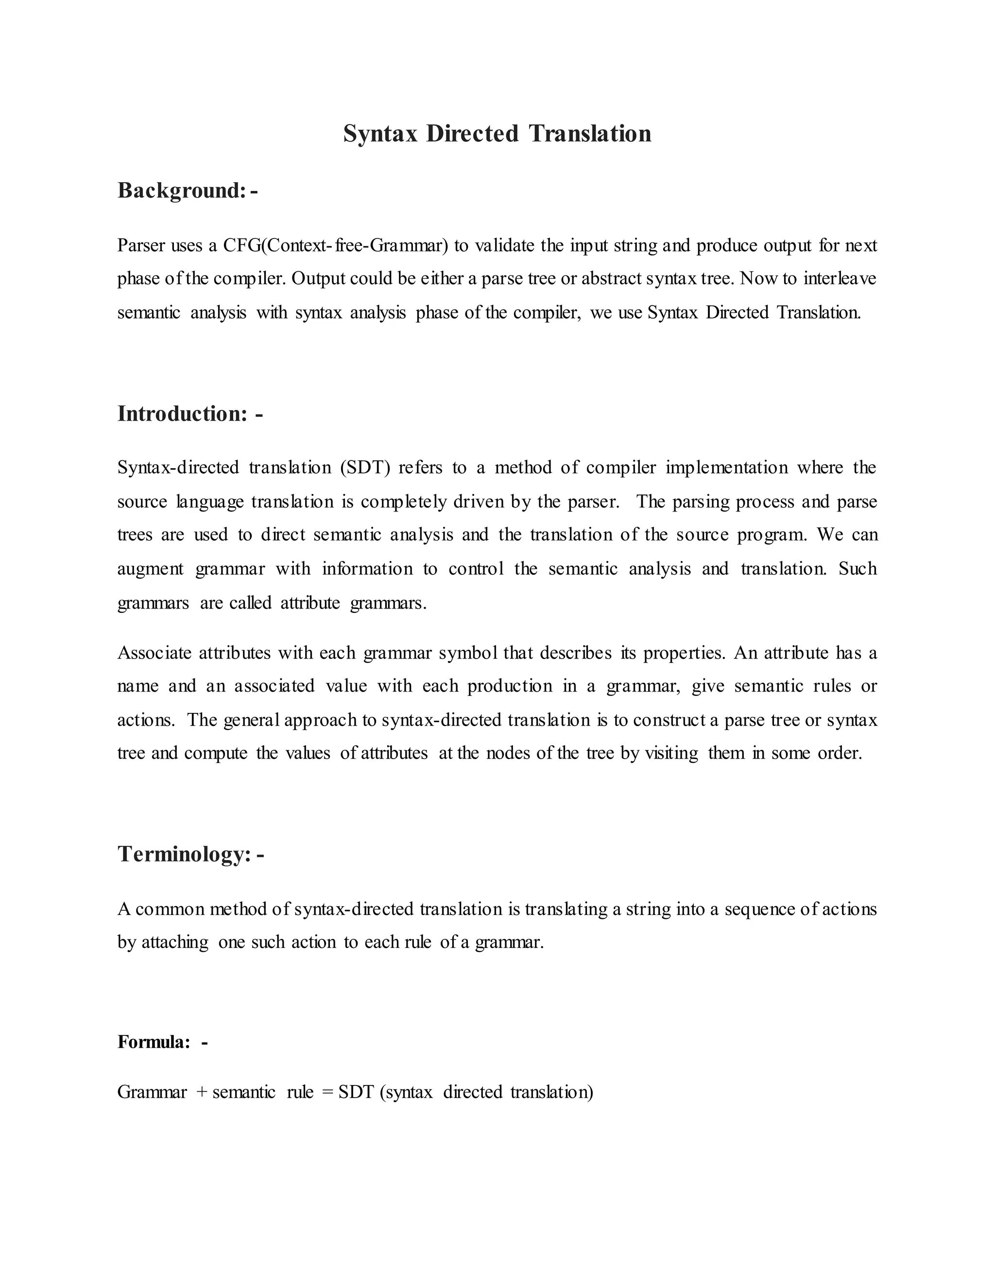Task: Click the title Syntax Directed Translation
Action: [x=497, y=134]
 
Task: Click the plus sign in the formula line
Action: [x=202, y=1092]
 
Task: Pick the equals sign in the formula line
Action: [x=328, y=1092]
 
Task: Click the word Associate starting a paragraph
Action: [x=154, y=653]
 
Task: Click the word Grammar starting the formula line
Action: [x=152, y=1092]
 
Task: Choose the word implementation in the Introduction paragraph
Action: [x=727, y=467]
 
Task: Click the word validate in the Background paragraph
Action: [x=504, y=245]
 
